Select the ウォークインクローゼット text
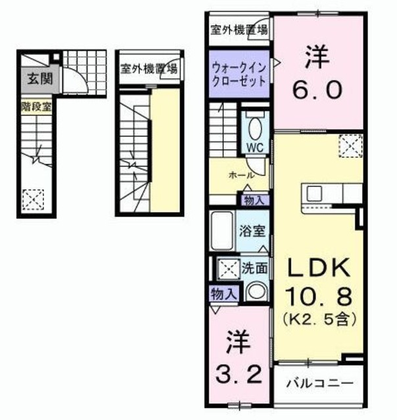239,75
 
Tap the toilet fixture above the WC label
256,125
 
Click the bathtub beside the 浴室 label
222,231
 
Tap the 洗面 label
254,268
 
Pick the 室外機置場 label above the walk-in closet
239,29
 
